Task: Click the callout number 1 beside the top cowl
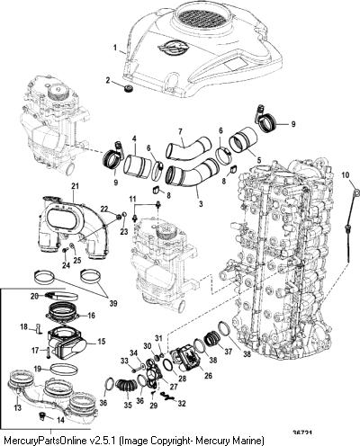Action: [x=114, y=48]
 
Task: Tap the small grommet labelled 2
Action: [x=130, y=89]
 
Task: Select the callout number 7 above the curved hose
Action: [x=180, y=131]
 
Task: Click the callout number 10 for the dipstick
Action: [x=346, y=174]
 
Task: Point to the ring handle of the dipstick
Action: [x=356, y=192]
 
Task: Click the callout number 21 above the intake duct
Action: [x=75, y=186]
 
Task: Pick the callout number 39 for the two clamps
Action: [x=113, y=303]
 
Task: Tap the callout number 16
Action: [x=92, y=316]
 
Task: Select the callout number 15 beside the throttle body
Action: [x=102, y=341]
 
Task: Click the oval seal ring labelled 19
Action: [x=64, y=369]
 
